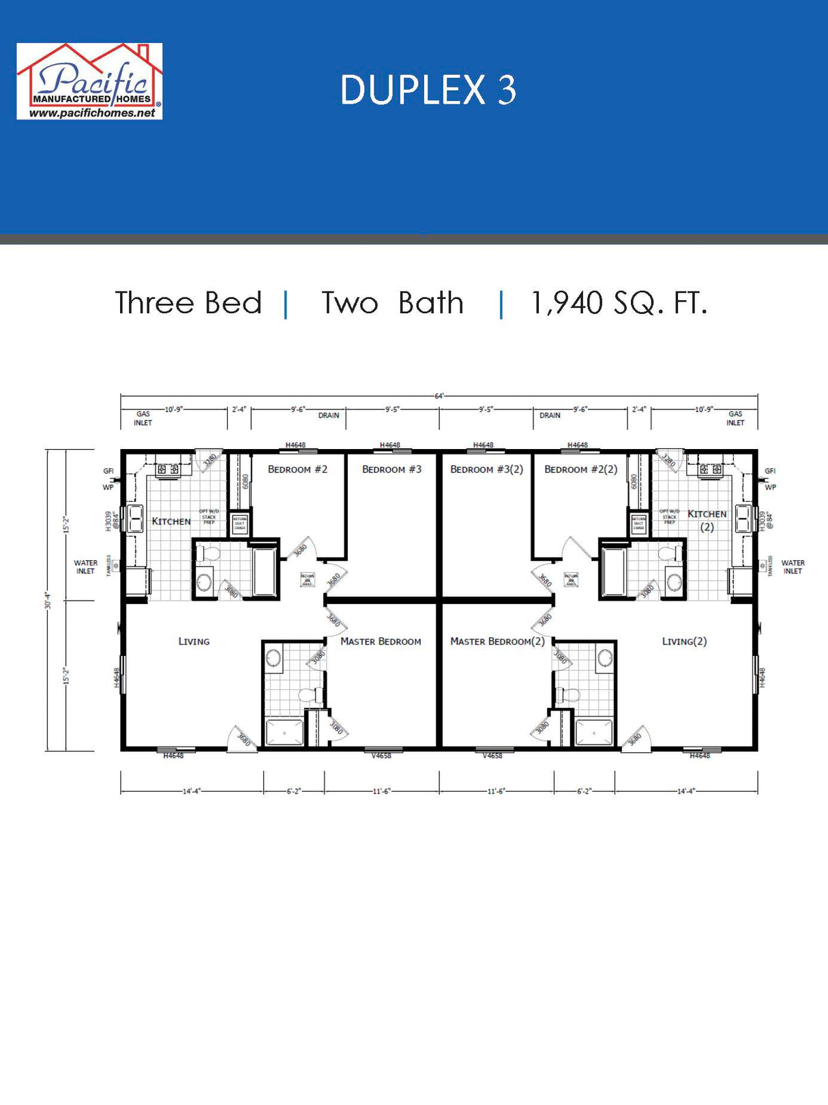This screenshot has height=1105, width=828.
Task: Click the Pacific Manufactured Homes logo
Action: coord(89,81)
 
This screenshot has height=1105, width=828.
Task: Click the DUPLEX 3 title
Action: coord(428,90)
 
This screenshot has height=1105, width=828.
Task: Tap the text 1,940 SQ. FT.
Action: coord(619,303)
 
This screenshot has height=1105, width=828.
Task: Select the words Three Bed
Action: coord(188,303)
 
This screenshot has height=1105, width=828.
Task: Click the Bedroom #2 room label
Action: coord(297,470)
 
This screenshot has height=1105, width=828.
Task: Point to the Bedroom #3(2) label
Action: coord(486,470)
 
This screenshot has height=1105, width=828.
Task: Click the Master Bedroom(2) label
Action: coord(497,642)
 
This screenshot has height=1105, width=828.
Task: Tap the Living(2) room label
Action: coord(684,642)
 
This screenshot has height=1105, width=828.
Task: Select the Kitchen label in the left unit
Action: coord(171,521)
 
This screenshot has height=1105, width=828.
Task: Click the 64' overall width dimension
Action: coord(439,396)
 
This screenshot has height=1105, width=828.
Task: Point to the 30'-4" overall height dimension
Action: coord(48,601)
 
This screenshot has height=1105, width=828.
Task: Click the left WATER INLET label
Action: coord(85,567)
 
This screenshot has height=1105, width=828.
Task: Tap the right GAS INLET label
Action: coord(735,418)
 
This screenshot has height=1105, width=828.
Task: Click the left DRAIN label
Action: coord(328,415)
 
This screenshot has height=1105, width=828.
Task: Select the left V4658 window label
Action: coord(381,756)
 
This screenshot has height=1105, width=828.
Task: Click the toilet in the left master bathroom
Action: coord(311,695)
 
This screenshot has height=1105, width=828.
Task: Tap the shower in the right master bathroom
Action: coord(594,732)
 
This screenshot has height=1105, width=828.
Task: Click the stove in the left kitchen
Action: coord(168,470)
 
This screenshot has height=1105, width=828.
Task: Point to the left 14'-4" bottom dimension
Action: coord(192,791)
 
